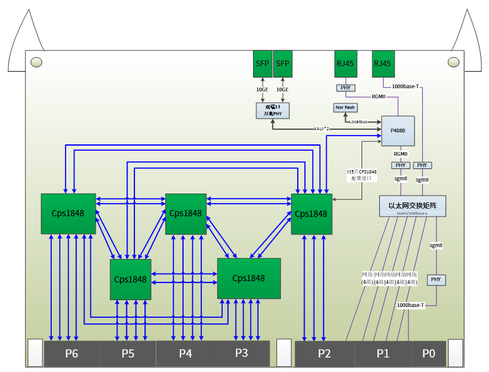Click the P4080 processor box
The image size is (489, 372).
398,131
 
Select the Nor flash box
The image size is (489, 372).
345,107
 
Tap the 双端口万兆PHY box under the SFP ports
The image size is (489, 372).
273,111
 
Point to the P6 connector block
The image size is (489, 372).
71,354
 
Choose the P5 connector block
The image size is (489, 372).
128,354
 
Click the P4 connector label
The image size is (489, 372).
185,354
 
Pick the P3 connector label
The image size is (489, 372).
242,352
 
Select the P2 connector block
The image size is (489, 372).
324,354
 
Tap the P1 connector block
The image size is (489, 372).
383,354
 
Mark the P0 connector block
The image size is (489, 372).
429,354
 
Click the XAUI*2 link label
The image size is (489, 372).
324,129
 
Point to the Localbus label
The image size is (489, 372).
358,121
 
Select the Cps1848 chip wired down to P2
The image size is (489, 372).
311,214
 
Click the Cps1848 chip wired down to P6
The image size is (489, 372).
68,213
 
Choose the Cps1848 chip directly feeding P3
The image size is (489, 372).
249,278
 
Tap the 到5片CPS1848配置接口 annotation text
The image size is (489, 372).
362,175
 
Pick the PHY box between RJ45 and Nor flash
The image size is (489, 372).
345,88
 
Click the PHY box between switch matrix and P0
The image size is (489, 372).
436,279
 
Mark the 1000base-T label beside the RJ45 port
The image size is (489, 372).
405,86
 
